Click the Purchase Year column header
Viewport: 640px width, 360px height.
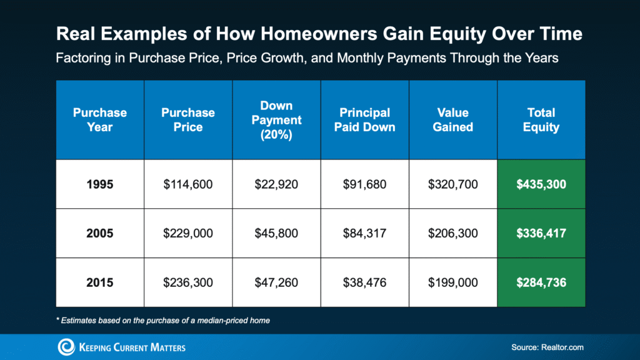pyautogui.click(x=100, y=119)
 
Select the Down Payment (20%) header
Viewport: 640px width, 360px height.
pyautogui.click(x=276, y=119)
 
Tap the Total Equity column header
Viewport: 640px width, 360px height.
pyautogui.click(x=541, y=119)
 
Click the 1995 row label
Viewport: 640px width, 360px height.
pyautogui.click(x=100, y=184)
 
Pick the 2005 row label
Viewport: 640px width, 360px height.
pyautogui.click(x=100, y=233)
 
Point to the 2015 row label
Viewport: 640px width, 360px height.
pyautogui.click(x=100, y=282)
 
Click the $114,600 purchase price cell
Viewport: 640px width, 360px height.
pyautogui.click(x=188, y=184)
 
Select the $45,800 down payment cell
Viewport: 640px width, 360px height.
pyautogui.click(x=276, y=233)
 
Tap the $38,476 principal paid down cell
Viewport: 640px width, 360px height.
pyautogui.click(x=364, y=282)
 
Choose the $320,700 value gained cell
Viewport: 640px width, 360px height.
pyautogui.click(x=453, y=184)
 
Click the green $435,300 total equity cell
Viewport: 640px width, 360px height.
pyautogui.click(x=541, y=184)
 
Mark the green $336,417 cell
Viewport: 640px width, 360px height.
pyautogui.click(x=541, y=233)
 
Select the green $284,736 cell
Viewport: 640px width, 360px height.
pyautogui.click(x=541, y=282)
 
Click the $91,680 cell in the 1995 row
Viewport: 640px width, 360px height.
pyautogui.click(x=364, y=184)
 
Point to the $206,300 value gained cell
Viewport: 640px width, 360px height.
pyautogui.click(x=453, y=233)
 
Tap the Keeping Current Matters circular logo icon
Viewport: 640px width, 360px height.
pyautogui.click(x=66, y=347)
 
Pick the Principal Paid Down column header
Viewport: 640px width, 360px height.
pyautogui.click(x=364, y=119)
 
